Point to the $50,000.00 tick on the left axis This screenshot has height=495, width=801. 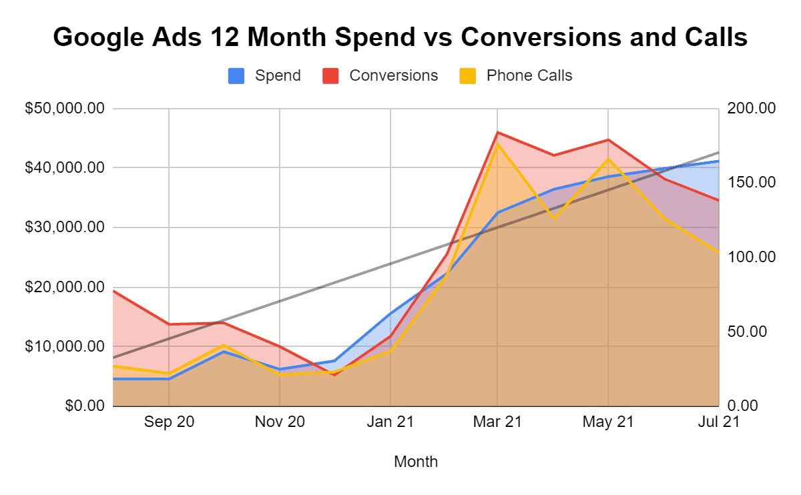coord(65,109)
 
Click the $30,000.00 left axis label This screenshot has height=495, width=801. coord(65,227)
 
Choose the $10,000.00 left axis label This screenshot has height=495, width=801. coord(65,347)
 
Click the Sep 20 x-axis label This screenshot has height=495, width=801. coord(168,422)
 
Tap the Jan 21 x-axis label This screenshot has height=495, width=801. coord(390,422)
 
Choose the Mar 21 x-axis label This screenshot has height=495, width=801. coord(497,422)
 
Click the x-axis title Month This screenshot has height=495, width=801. coord(416,462)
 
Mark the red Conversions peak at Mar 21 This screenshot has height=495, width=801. coord(497,133)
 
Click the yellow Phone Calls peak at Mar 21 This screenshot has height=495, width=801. coord(497,143)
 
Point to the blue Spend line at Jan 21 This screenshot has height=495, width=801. coord(390,313)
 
